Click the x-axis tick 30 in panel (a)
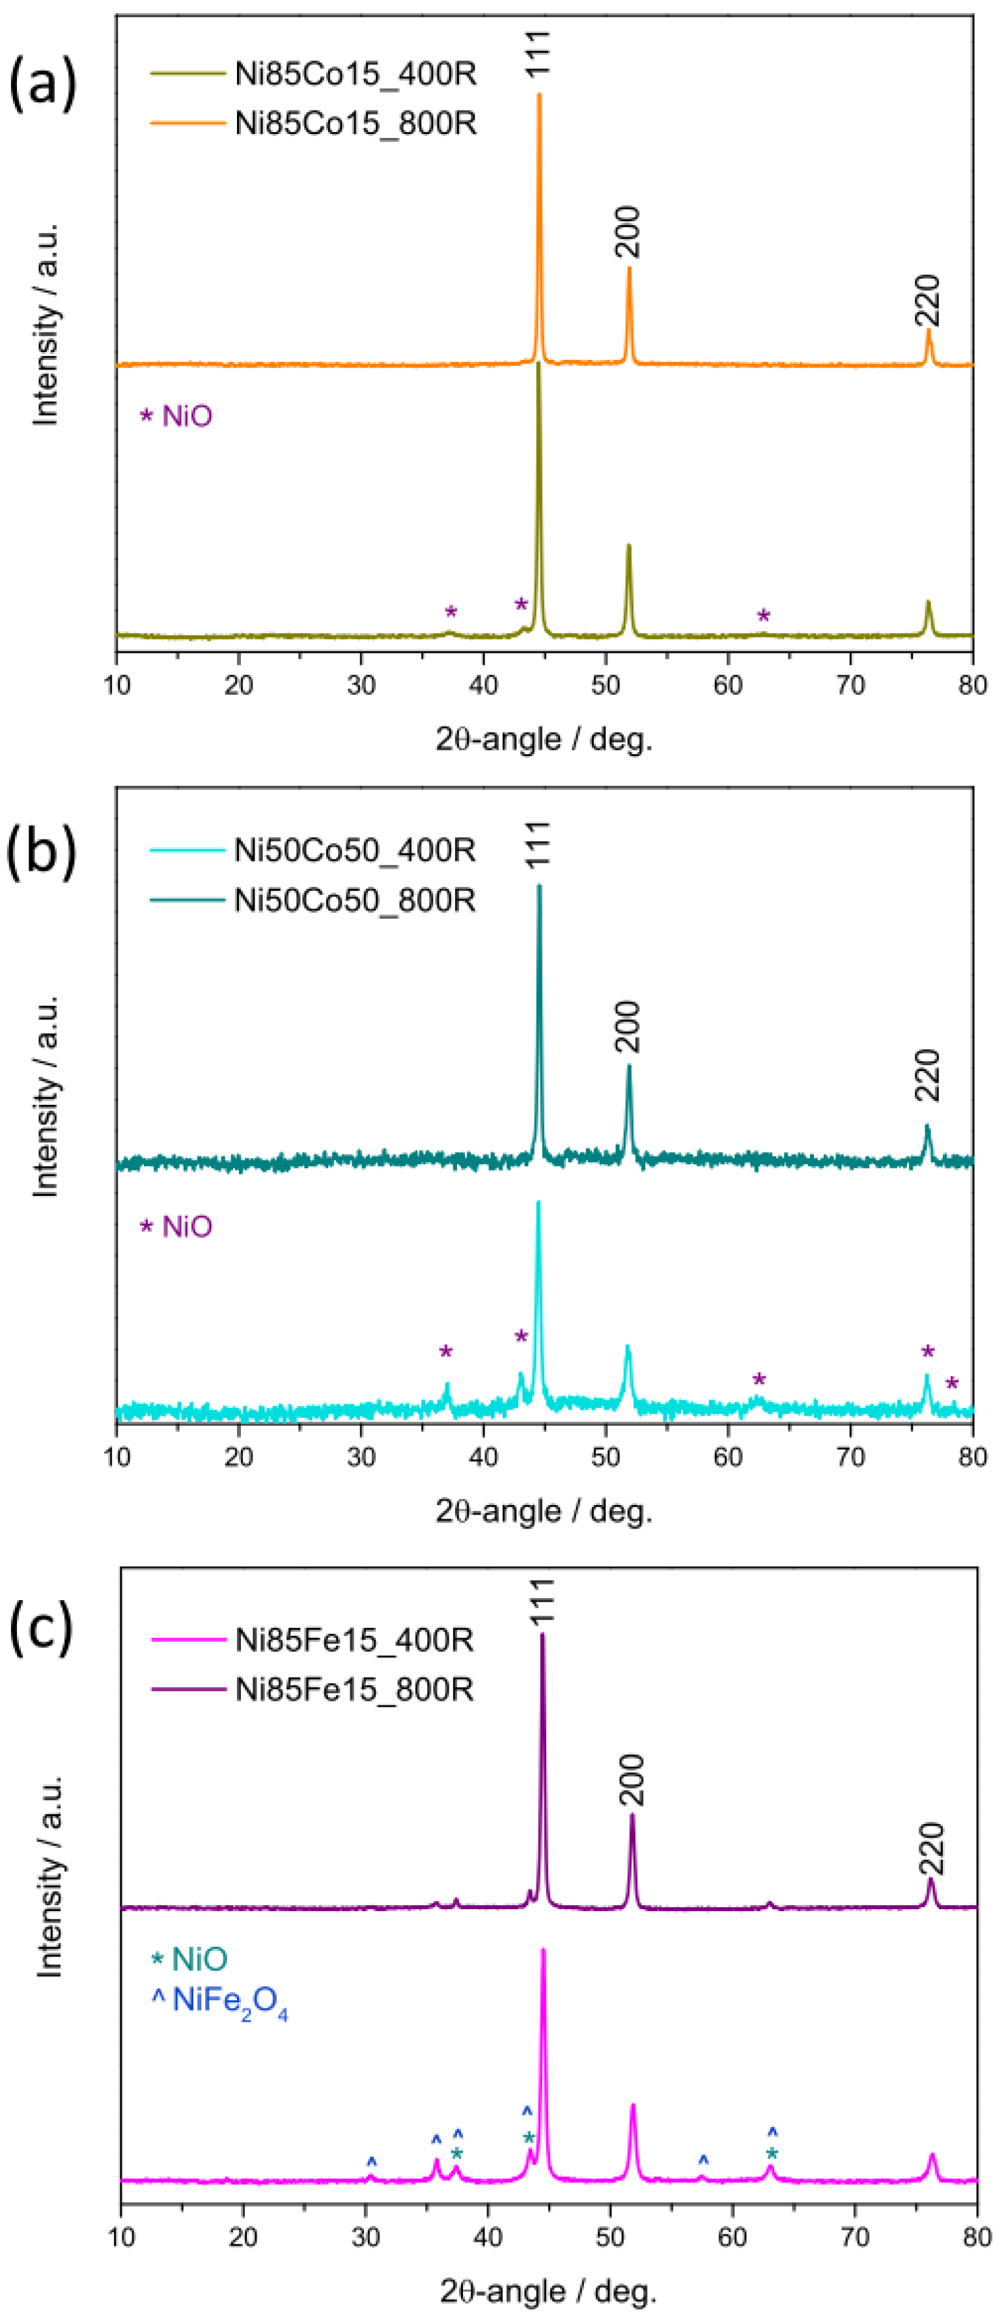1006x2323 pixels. [361, 685]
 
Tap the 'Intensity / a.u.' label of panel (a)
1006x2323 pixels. [45, 325]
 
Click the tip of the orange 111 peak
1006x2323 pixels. [540, 94]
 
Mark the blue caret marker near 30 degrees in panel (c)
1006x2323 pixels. [371, 2162]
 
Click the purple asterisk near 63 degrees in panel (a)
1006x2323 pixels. [763, 616]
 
